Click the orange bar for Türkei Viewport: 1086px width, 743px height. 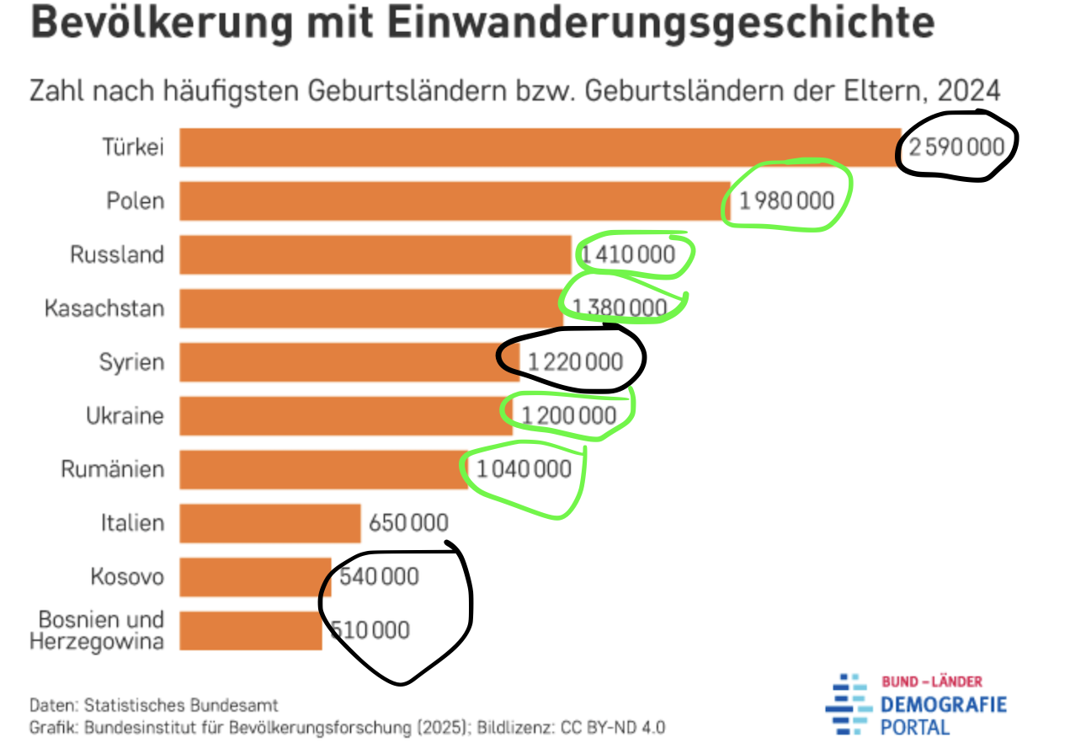point(539,147)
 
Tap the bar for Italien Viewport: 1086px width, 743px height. point(270,523)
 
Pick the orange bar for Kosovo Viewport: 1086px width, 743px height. point(255,577)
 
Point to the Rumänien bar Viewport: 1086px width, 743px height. point(323,469)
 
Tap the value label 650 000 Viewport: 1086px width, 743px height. point(408,524)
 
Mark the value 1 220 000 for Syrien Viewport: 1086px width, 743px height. point(576,362)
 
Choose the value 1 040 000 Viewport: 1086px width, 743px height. point(524,469)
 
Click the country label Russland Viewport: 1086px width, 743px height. point(117,255)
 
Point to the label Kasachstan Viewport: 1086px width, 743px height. point(104,308)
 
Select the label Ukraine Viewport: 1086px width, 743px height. point(125,416)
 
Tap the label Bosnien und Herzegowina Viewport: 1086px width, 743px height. point(97,630)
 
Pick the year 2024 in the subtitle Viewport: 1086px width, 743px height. point(968,90)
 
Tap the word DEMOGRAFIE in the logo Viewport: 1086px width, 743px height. point(944,704)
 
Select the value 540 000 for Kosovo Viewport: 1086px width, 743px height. point(379,577)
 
